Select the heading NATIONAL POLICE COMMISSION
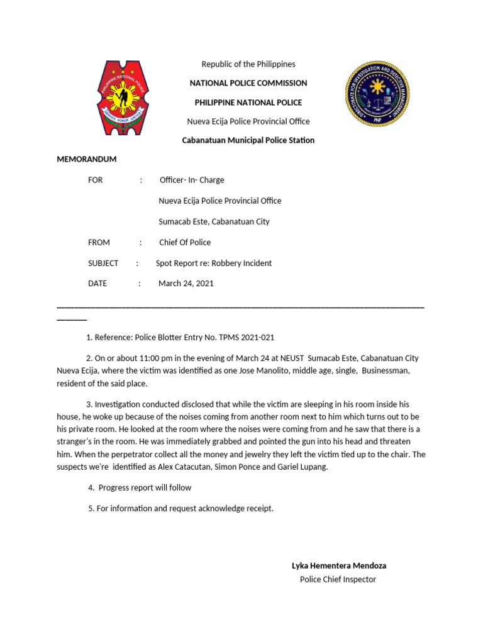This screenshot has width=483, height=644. click(x=248, y=83)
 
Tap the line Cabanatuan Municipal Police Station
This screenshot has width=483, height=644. click(x=248, y=140)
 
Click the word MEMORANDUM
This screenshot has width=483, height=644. click(x=87, y=159)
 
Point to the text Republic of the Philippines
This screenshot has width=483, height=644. click(x=248, y=64)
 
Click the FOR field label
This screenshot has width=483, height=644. click(x=96, y=180)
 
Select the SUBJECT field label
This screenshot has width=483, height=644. click(x=103, y=264)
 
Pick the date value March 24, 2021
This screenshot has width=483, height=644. click(x=186, y=284)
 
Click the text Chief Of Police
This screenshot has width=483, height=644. click(x=185, y=243)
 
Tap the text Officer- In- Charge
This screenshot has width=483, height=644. click(x=192, y=180)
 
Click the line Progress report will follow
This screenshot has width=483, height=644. click(x=145, y=487)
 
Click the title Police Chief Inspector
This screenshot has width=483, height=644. click(x=338, y=579)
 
